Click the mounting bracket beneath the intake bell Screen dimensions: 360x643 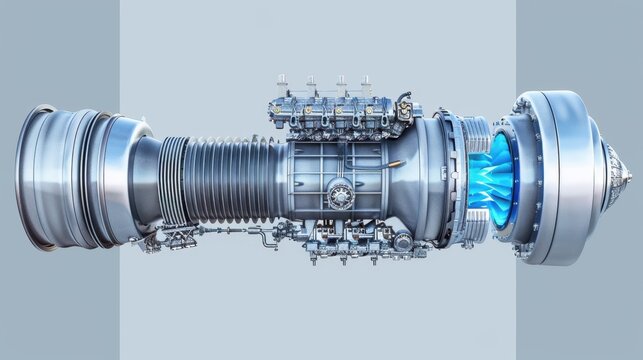tap(150, 240)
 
